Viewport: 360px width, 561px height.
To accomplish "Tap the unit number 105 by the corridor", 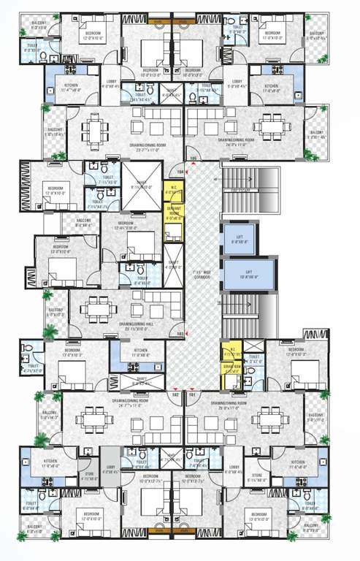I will [194, 158].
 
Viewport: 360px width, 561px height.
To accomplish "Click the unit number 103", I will [180, 334].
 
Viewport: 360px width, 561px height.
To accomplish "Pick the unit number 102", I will [175, 394].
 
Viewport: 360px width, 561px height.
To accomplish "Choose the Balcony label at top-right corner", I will [316, 35].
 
